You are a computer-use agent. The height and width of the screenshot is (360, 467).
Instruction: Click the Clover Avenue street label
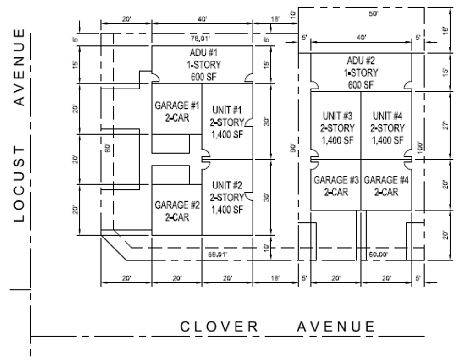click(x=277, y=327)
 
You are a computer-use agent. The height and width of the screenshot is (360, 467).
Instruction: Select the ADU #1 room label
click(x=202, y=64)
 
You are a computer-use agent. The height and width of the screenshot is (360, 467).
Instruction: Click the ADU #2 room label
click(x=362, y=72)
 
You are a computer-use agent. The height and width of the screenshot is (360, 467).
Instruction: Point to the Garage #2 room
click(x=176, y=210)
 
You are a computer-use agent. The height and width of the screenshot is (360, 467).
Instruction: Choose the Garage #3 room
click(x=336, y=186)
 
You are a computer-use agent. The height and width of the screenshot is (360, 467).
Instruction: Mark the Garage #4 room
click(x=386, y=186)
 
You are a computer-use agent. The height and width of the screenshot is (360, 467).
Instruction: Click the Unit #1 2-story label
click(x=227, y=122)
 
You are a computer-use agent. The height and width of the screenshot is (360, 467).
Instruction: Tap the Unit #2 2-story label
click(x=227, y=198)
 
